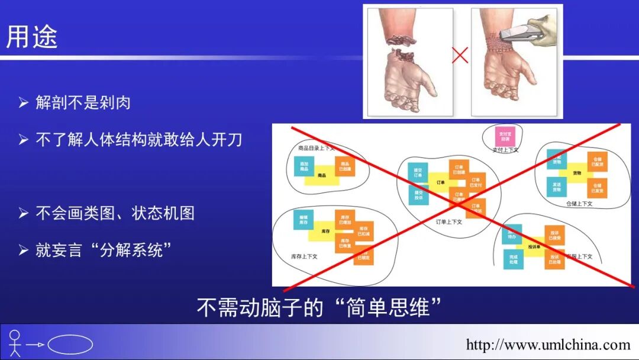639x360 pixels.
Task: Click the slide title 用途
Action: pyautogui.click(x=32, y=37)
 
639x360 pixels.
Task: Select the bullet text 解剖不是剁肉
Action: pyautogui.click(x=83, y=102)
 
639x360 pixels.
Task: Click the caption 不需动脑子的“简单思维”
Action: pyautogui.click(x=319, y=307)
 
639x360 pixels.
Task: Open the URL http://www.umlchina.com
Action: pyautogui.click(x=548, y=345)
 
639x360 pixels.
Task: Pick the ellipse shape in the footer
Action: pyautogui.click(x=70, y=345)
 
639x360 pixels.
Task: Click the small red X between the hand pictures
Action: pyautogui.click(x=460, y=56)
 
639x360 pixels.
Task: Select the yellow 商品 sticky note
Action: pyautogui.click(x=322, y=176)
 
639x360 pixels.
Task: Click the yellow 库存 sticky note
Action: pyautogui.click(x=325, y=231)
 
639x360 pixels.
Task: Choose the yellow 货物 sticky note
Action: pyautogui.click(x=576, y=173)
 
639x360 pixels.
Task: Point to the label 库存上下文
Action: pyautogui.click(x=304, y=256)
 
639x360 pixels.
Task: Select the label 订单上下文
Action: pyautogui.click(x=448, y=222)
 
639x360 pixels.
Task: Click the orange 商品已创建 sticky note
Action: pyautogui.click(x=345, y=166)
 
